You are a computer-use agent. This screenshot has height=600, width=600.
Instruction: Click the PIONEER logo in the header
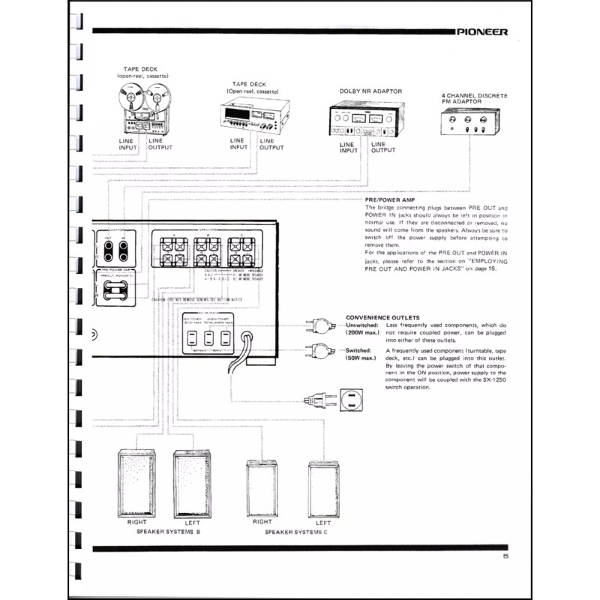pos(482,33)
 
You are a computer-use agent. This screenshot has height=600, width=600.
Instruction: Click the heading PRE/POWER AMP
pos(388,200)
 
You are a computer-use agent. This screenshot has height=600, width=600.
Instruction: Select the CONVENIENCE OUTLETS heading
pos(381,316)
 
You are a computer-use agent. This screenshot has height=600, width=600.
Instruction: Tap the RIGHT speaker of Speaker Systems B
pos(135,483)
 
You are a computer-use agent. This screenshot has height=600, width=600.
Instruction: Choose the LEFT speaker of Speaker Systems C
pos(323,487)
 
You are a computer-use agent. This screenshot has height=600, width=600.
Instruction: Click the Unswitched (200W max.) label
pos(362,329)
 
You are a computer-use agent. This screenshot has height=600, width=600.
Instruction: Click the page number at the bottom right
pos(505,556)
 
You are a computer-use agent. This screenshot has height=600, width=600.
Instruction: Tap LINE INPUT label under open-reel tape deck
pos(128,144)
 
